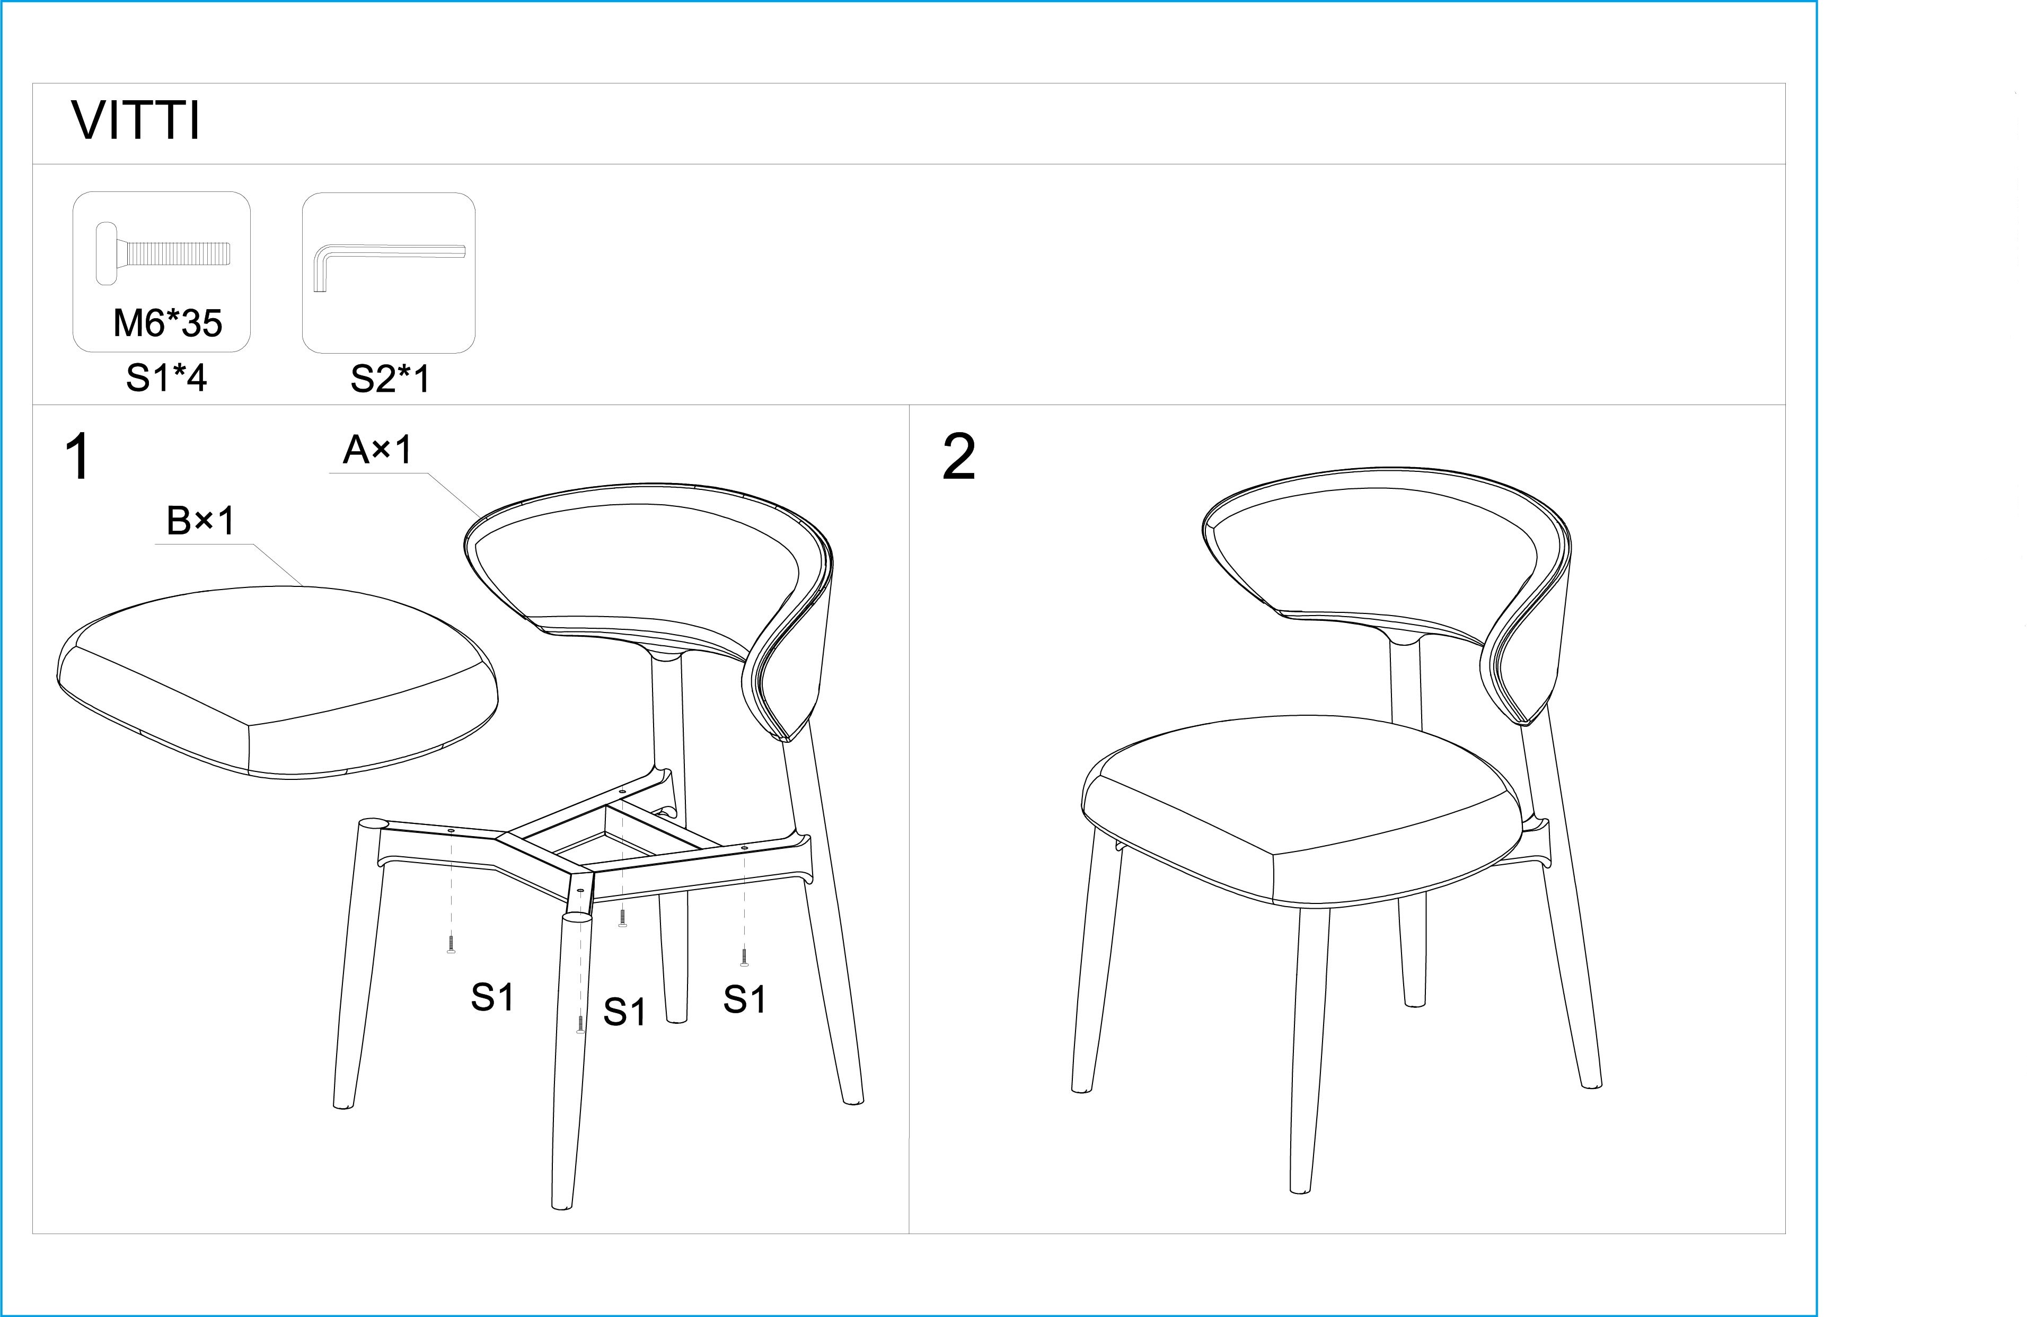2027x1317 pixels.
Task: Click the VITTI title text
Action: coord(136,121)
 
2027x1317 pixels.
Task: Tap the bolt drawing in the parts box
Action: coord(162,253)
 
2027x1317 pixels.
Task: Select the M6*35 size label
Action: coord(168,323)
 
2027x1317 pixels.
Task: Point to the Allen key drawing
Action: coord(389,266)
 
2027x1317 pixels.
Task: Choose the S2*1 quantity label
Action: coord(390,379)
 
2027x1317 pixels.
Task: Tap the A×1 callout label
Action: coord(377,450)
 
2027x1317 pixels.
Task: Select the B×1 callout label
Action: coord(201,521)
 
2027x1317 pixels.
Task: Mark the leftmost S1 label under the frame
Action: coord(492,997)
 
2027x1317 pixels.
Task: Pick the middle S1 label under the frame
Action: coord(625,1012)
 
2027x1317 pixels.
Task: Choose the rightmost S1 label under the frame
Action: coord(744,999)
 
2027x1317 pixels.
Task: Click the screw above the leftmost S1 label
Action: coord(451,943)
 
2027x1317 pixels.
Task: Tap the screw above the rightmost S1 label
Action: coord(744,958)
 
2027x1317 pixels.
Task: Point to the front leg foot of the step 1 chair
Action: coord(561,1204)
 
